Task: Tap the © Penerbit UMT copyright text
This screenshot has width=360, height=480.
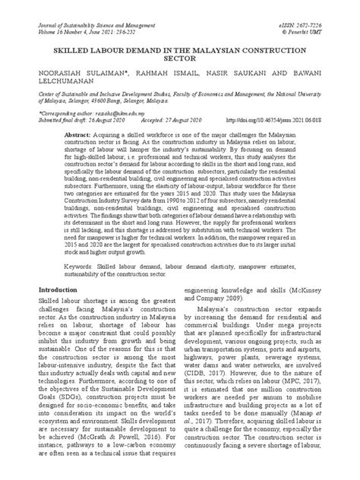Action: click(321, 13)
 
